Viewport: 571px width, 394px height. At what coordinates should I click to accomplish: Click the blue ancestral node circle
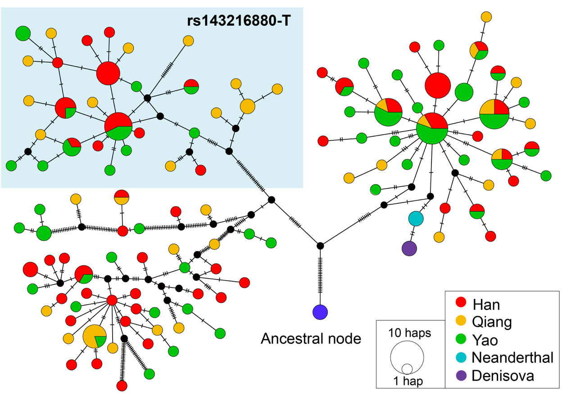(x=320, y=312)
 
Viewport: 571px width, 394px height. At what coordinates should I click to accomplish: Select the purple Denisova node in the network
(x=409, y=248)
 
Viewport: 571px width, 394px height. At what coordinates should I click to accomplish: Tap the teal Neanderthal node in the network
(x=416, y=219)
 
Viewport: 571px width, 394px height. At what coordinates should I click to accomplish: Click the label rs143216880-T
(x=239, y=21)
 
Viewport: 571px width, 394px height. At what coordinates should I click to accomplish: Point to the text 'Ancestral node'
(x=311, y=338)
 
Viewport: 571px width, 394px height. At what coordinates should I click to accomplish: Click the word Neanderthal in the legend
(x=512, y=357)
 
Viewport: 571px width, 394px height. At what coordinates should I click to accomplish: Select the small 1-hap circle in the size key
(x=407, y=368)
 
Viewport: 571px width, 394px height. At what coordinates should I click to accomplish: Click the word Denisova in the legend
(x=503, y=376)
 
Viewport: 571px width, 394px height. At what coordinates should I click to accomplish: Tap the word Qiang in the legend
(x=492, y=322)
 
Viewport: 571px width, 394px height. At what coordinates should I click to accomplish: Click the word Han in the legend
(x=486, y=304)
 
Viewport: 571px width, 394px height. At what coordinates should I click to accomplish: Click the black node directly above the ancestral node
(x=320, y=246)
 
